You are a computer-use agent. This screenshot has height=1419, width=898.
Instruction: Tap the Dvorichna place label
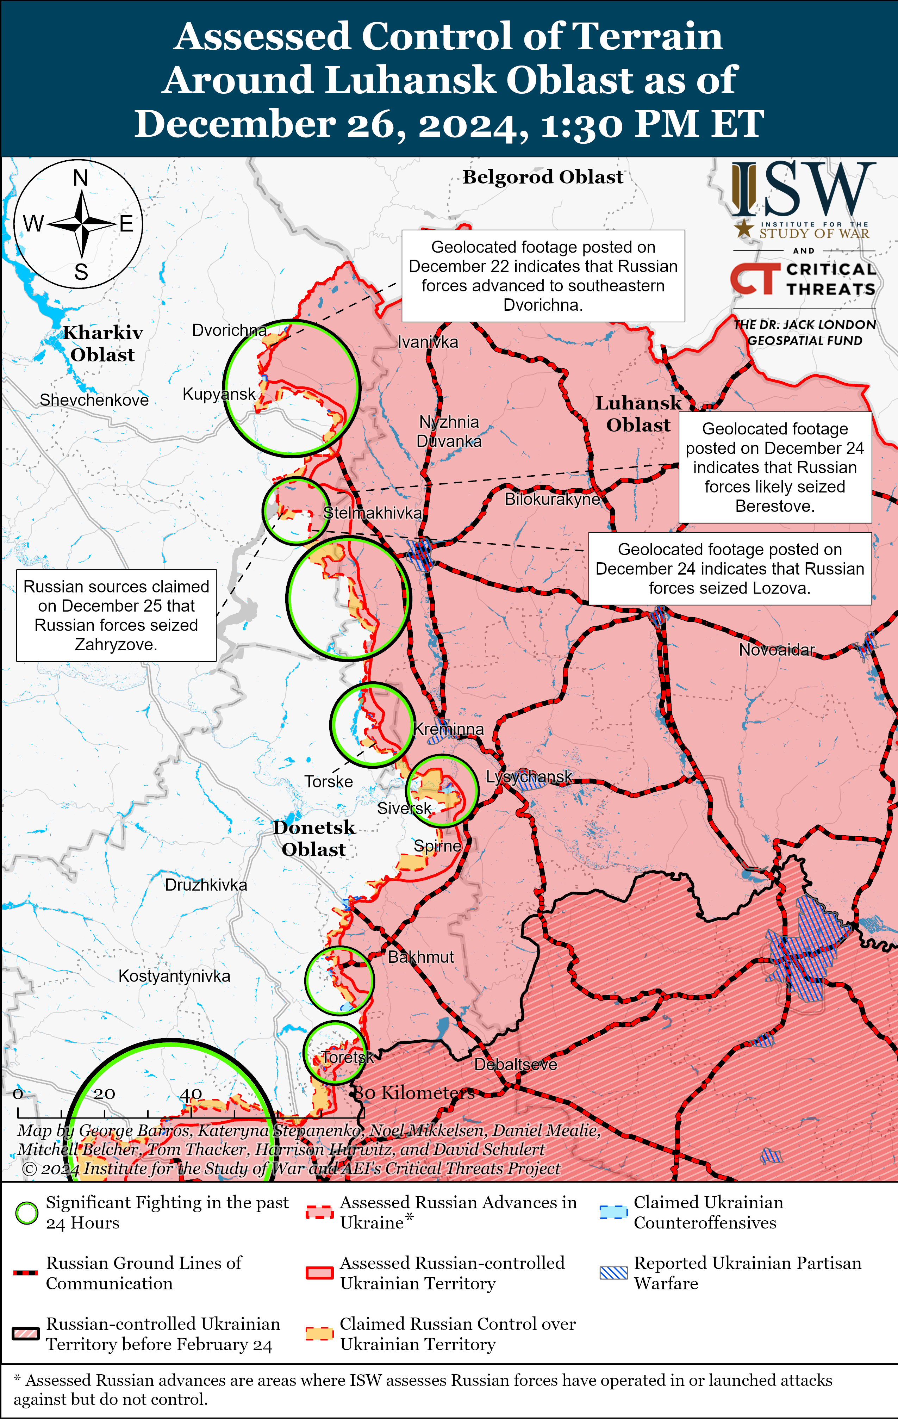click(229, 330)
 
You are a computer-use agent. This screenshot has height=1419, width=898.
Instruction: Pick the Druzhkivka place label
click(206, 885)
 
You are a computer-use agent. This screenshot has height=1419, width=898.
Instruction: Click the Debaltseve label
click(516, 1064)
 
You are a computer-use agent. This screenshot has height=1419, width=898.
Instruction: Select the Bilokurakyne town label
click(552, 499)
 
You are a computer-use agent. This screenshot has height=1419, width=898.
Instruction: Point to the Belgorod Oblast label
click(543, 177)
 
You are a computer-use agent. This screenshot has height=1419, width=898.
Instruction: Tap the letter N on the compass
click(81, 178)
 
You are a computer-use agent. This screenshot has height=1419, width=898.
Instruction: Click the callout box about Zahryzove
click(116, 615)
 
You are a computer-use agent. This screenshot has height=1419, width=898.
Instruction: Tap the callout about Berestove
click(775, 467)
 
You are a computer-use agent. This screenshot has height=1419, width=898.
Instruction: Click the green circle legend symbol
click(26, 1213)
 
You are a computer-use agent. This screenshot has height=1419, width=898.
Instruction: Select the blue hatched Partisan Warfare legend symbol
click(613, 1273)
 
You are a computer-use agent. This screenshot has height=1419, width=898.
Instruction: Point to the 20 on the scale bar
click(104, 1094)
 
